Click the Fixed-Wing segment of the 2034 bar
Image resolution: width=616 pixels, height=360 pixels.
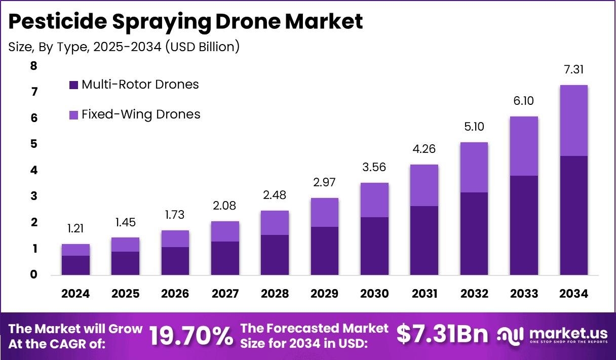(x=573, y=121)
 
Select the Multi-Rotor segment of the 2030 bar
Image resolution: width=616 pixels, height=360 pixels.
(x=374, y=246)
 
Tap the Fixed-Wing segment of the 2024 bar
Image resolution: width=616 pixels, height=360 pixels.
(x=75, y=250)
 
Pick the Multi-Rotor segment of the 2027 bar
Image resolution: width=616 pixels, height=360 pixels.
(x=225, y=258)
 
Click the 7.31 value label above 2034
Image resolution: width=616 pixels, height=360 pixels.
(x=574, y=70)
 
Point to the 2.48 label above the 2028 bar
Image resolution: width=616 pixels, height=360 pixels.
(x=275, y=195)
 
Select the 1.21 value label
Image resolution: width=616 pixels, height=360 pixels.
(x=75, y=229)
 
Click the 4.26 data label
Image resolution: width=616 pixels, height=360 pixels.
(x=424, y=149)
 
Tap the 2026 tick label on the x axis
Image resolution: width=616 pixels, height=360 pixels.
(x=175, y=294)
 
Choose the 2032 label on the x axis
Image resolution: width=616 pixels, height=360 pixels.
(x=474, y=294)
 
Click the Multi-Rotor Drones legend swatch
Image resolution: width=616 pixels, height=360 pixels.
(x=73, y=85)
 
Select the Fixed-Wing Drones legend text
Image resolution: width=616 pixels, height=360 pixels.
(x=141, y=114)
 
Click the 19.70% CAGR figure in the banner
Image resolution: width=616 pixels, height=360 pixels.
(x=191, y=335)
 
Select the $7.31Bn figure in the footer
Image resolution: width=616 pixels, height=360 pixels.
(x=442, y=334)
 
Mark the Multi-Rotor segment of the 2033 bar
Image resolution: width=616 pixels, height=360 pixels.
(x=524, y=225)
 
